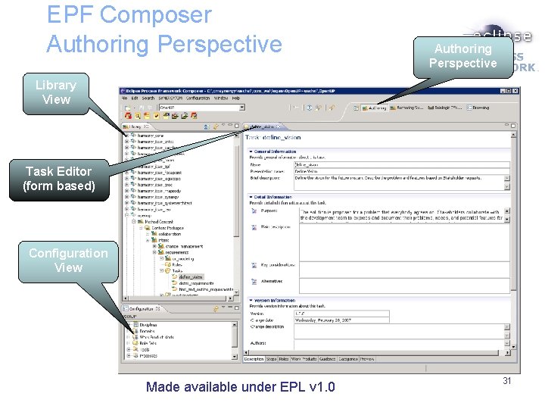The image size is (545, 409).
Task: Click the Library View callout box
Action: (x=56, y=92)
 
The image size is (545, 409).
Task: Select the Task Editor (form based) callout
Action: (x=59, y=179)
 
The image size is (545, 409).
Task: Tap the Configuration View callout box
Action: (x=68, y=260)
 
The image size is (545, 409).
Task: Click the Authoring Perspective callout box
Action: (x=462, y=56)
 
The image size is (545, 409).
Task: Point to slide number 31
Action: (x=507, y=380)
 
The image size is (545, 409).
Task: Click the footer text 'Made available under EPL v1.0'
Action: (x=240, y=387)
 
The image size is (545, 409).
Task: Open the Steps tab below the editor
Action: (x=270, y=359)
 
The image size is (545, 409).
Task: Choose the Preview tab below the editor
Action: (x=367, y=359)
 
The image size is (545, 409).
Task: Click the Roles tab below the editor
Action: (x=284, y=359)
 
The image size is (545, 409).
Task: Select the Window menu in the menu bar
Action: (x=220, y=98)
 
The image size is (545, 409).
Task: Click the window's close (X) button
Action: (x=515, y=91)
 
